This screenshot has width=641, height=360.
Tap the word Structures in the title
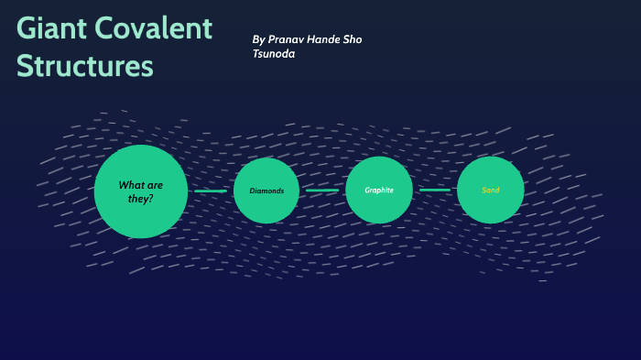coord(85,67)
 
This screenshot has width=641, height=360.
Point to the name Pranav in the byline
coord(288,39)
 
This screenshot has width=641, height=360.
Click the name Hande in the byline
coord(328,39)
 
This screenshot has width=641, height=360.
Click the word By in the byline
coord(258,39)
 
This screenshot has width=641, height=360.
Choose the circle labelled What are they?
coord(140,191)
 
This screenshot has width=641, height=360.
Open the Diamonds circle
coord(266,191)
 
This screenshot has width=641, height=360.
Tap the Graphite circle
coord(379,190)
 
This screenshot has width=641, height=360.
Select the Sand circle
coord(491,190)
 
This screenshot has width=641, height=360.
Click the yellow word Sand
coord(491,190)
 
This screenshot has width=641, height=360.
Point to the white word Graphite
coord(379,190)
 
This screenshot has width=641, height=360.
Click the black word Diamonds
coord(266,191)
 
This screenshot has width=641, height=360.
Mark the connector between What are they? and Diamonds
coord(211,191)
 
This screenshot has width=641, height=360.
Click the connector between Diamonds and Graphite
coord(322,191)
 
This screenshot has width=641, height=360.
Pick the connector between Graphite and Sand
coord(435,190)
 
